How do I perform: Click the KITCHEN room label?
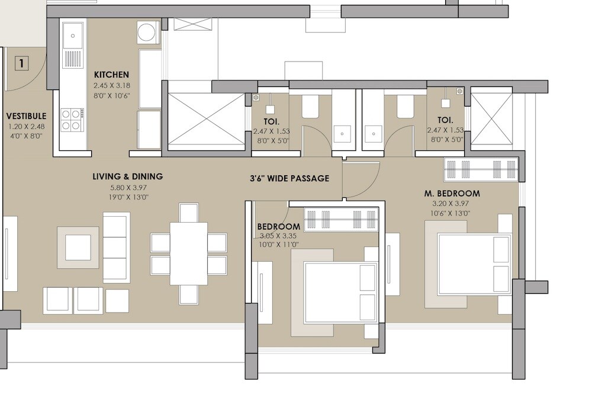111,75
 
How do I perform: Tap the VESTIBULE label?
25,116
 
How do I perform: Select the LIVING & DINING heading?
127,176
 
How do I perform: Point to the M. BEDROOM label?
452,194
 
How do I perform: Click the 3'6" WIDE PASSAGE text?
289,178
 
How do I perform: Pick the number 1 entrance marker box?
21,63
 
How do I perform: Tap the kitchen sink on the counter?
73,36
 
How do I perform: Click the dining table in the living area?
188,253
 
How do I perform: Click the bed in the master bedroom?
474,264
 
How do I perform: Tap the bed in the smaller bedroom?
340,292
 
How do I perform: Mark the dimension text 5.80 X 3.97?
128,187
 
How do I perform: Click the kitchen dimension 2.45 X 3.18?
111,86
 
